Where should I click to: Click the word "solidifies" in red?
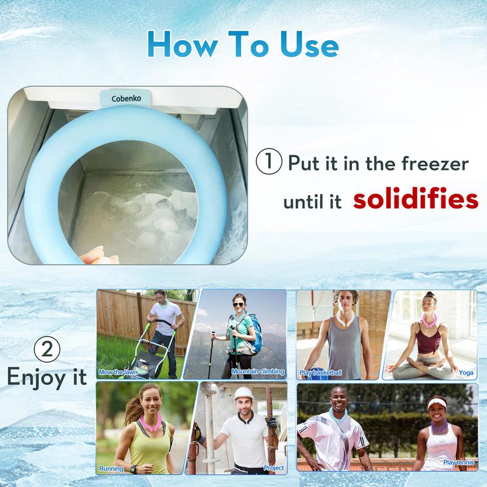coord(416,199)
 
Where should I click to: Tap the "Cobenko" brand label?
coord(126,99)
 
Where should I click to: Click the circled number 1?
coord(269,161)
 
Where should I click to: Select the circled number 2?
coord(47,349)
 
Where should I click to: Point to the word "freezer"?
coord(435,164)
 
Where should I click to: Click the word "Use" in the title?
coord(309,44)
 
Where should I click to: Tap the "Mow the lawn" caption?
coord(118,372)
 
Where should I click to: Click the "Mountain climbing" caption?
coord(258,371)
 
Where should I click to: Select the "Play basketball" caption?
coord(321,373)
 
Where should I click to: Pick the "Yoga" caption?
coord(466,373)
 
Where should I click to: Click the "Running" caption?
coord(111,468)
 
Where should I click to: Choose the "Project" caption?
coord(273,468)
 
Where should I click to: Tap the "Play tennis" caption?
coord(459,463)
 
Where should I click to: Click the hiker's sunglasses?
coord(238,304)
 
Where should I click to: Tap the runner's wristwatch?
coord(133,469)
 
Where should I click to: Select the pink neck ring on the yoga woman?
coord(430,321)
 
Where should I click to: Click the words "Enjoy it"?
coord(47,377)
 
